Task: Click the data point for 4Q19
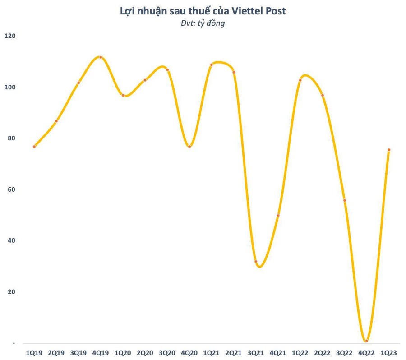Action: [101, 57]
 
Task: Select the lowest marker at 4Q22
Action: [367, 341]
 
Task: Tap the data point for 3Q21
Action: [256, 262]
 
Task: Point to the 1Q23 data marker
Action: [389, 150]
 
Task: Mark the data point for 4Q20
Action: [189, 147]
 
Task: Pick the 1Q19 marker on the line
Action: [34, 147]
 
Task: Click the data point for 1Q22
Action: [300, 80]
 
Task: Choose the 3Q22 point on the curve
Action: [345, 200]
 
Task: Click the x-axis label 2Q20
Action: [145, 352]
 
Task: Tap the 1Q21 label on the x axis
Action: [211, 352]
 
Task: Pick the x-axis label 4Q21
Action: [278, 352]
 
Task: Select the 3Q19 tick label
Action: [78, 352]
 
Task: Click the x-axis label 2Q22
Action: [322, 352]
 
